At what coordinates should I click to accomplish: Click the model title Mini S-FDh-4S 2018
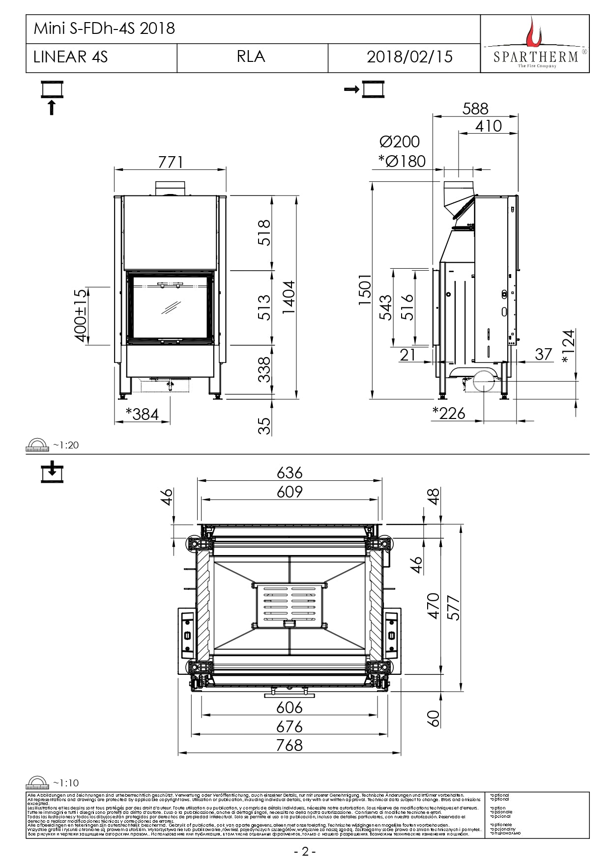click(104, 28)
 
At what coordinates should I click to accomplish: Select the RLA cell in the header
click(251, 57)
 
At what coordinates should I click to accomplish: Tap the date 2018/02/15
click(409, 57)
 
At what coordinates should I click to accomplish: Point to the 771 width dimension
click(171, 162)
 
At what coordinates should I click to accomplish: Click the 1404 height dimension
click(289, 297)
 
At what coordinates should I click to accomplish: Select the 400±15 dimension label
click(80, 315)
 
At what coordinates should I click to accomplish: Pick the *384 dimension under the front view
click(143, 414)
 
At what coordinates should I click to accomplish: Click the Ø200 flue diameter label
click(400, 142)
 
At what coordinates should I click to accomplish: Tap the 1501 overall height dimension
click(365, 290)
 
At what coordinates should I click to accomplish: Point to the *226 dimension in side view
click(449, 414)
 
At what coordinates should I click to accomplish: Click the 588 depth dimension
click(475, 109)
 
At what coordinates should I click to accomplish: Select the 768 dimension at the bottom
click(289, 745)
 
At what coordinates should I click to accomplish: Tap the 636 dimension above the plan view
click(290, 473)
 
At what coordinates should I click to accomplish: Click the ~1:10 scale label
click(65, 783)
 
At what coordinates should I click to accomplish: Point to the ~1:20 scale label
click(65, 445)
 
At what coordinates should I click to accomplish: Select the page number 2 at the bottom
click(305, 852)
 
